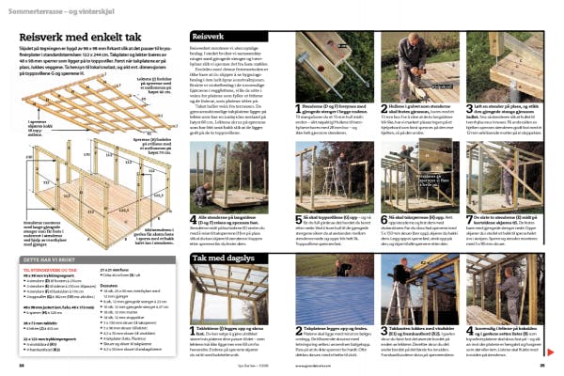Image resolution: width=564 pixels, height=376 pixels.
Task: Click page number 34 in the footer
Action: [22, 364]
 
